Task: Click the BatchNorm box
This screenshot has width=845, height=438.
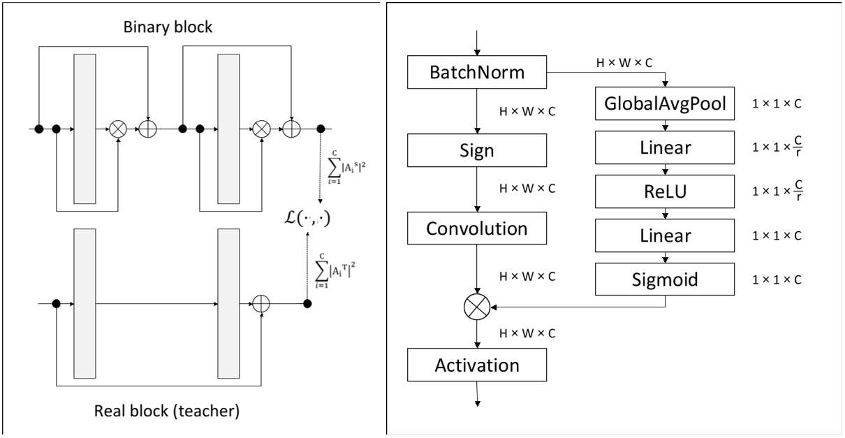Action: pyautogui.click(x=477, y=71)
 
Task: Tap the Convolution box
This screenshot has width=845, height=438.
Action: pyautogui.click(x=477, y=228)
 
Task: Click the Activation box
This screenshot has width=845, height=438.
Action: pyautogui.click(x=477, y=365)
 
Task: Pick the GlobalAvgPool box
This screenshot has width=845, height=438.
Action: pyautogui.click(x=664, y=104)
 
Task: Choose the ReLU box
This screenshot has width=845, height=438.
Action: pyautogui.click(x=664, y=191)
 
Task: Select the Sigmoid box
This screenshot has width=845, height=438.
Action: pyautogui.click(x=664, y=279)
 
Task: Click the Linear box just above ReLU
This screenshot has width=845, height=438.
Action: pyautogui.click(x=664, y=147)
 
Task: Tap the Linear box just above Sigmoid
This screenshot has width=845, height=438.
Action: pyautogui.click(x=664, y=235)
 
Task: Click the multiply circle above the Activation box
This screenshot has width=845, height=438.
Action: pyautogui.click(x=477, y=305)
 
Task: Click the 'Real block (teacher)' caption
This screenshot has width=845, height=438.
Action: pyautogui.click(x=167, y=411)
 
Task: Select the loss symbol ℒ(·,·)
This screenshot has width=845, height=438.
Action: pyautogui.click(x=305, y=218)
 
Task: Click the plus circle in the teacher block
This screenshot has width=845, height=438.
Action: pyautogui.click(x=260, y=304)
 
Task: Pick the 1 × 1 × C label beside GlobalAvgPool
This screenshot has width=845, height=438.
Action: pyautogui.click(x=777, y=104)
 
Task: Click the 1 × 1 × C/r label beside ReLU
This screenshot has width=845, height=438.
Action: pyautogui.click(x=777, y=191)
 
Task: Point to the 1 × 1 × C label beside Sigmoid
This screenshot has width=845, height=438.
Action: pyautogui.click(x=777, y=279)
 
